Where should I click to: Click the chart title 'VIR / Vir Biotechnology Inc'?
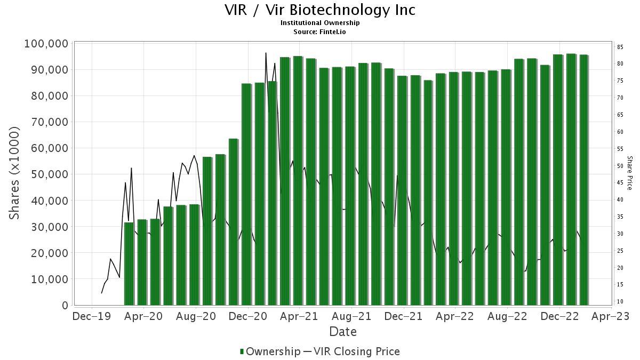coord(319,10)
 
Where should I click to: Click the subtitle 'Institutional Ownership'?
coord(320,23)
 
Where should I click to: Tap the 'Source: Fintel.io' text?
coord(320,32)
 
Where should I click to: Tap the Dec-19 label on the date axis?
coord(92,316)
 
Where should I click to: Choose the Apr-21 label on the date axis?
coord(299,316)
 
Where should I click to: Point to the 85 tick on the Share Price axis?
coord(620,47)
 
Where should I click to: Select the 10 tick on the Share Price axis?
coord(620,302)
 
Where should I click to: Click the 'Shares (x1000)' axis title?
coord(15,173)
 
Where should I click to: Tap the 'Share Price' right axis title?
coord(630,173)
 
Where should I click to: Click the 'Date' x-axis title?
coord(343,332)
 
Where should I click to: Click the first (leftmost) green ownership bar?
coord(129,264)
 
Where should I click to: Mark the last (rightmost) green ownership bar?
coord(583,180)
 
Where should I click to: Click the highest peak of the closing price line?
coord(266,53)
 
